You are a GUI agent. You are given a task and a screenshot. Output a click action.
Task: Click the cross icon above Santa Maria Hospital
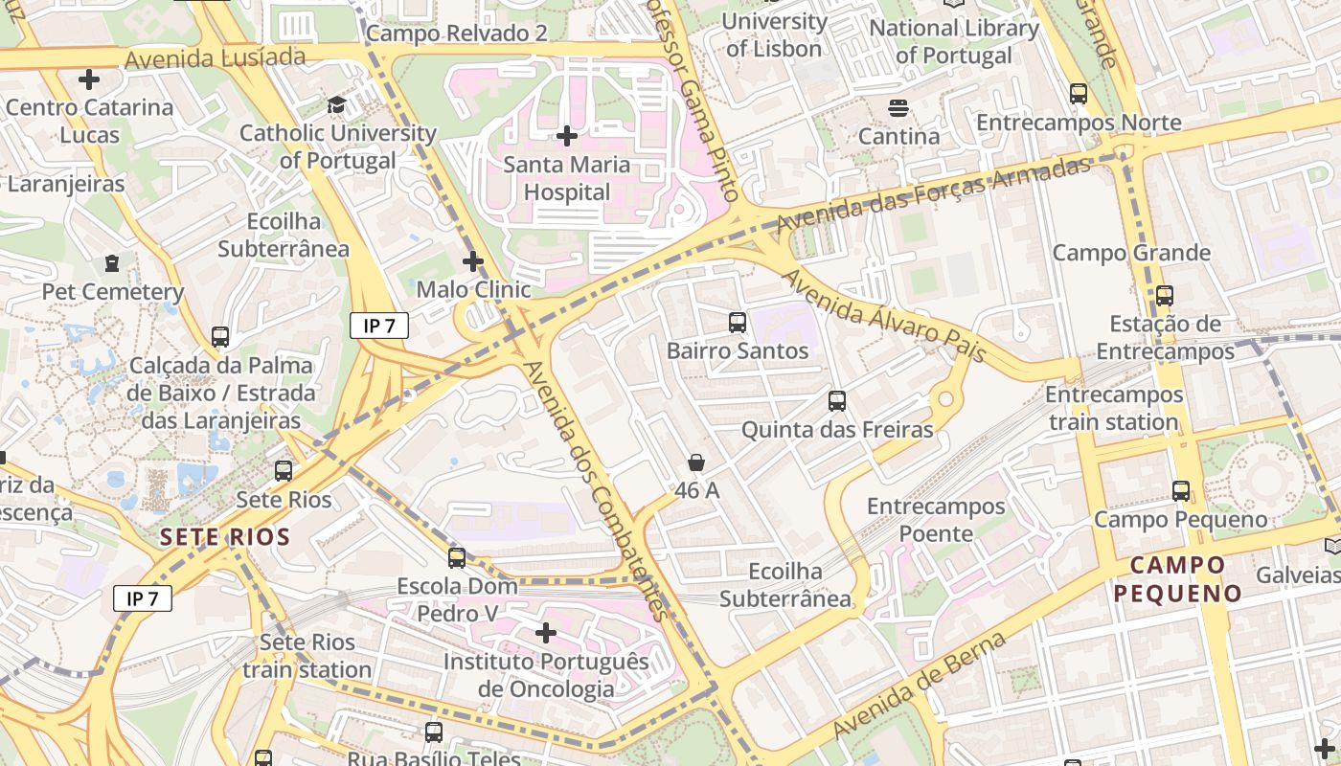click(567, 136)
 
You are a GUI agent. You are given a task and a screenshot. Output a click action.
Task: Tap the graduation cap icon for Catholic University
click(336, 104)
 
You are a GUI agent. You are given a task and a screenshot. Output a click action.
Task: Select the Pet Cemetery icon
click(112, 262)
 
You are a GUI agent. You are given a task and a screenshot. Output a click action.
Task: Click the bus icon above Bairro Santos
click(737, 323)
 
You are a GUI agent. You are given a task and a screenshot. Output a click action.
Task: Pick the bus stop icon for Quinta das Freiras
click(837, 401)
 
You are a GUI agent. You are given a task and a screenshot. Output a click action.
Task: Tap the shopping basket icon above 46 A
click(696, 462)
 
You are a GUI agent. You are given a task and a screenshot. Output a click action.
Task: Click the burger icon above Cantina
click(898, 108)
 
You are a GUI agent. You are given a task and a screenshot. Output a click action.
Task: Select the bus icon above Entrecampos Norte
click(1079, 94)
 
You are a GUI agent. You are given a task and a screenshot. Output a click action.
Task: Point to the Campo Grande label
click(1131, 253)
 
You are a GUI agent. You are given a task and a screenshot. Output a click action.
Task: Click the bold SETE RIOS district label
click(225, 537)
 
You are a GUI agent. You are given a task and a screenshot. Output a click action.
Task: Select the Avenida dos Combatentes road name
click(594, 491)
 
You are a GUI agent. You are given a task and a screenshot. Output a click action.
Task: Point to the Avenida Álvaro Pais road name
click(884, 316)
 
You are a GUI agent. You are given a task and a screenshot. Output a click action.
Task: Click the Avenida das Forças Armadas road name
click(933, 196)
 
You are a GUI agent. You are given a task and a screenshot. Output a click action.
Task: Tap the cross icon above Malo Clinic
click(473, 260)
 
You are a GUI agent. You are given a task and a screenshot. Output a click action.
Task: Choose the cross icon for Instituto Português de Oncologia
click(546, 633)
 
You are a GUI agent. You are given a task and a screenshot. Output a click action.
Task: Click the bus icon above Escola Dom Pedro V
click(457, 557)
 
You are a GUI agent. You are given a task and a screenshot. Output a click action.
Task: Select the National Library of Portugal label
click(953, 41)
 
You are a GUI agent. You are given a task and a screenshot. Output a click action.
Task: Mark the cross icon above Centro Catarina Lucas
click(89, 79)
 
